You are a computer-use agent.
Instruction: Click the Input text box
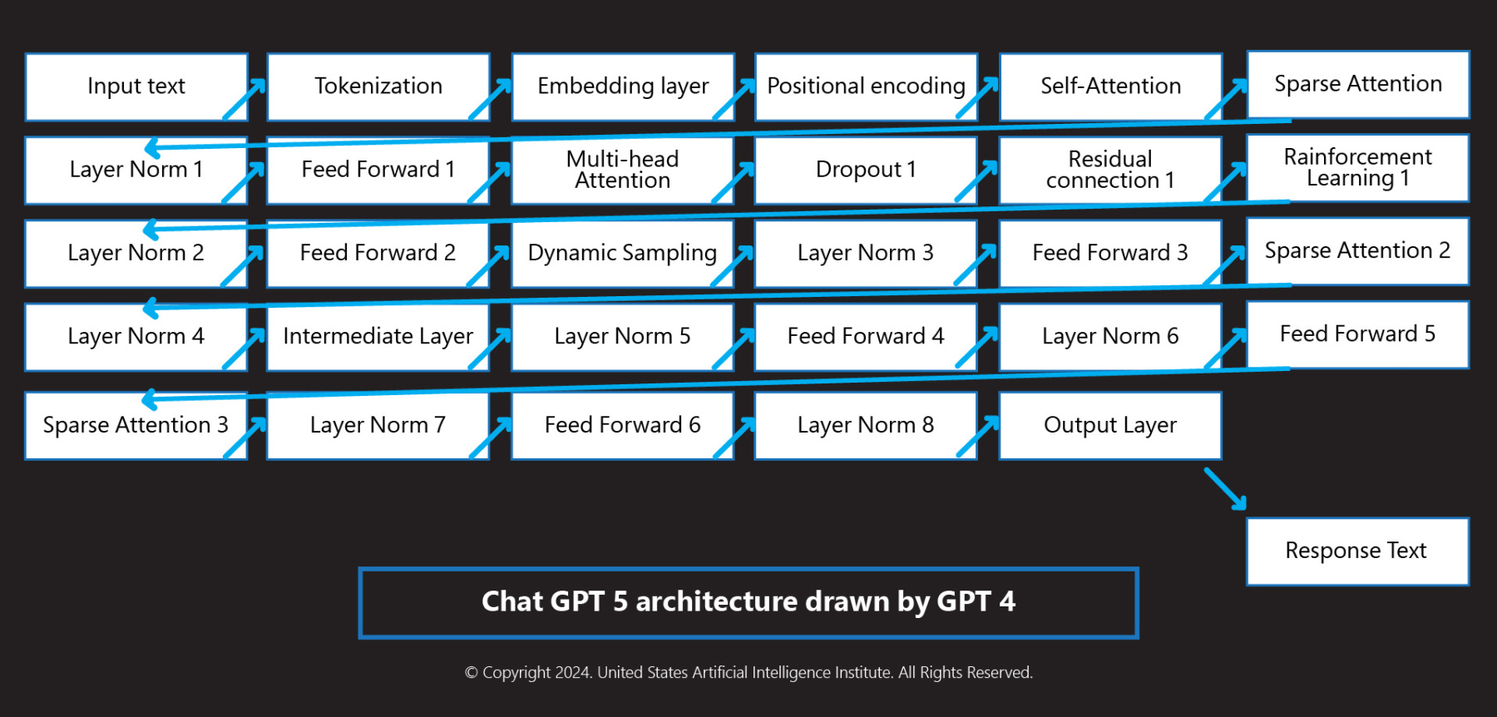click(x=136, y=87)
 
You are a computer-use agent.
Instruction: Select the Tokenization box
click(x=378, y=87)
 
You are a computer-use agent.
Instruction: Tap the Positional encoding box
click(x=866, y=87)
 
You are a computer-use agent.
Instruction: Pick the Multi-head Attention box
click(x=622, y=170)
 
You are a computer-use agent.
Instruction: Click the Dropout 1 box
click(x=866, y=170)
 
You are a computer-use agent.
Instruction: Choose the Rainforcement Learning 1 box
click(x=1357, y=167)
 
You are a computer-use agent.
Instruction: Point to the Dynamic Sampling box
click(x=622, y=253)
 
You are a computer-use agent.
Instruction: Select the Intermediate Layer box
click(x=378, y=336)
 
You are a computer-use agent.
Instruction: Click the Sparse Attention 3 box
click(x=136, y=425)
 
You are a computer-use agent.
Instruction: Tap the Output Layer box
click(x=1109, y=425)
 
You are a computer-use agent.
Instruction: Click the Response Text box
click(x=1356, y=551)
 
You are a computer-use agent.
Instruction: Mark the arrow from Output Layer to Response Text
click(x=1226, y=489)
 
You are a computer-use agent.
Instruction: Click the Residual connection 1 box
click(x=1109, y=170)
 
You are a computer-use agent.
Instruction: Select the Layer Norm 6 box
click(x=1109, y=336)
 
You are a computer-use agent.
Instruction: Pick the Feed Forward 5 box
click(x=1357, y=334)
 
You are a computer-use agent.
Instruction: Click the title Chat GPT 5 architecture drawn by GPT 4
click(x=748, y=602)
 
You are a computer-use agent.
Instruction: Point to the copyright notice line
click(x=748, y=672)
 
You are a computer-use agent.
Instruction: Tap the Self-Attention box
click(x=1109, y=87)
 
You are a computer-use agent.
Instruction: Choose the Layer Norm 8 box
click(x=866, y=425)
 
